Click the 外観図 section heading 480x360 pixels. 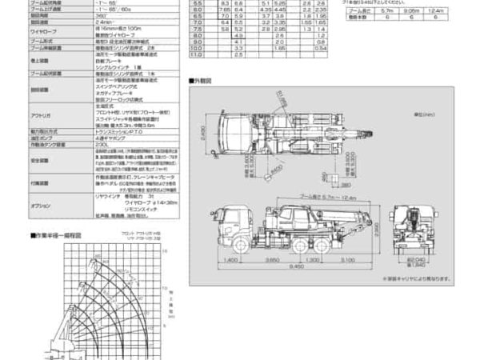tap(205, 81)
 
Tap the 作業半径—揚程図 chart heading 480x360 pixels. tap(61, 236)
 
